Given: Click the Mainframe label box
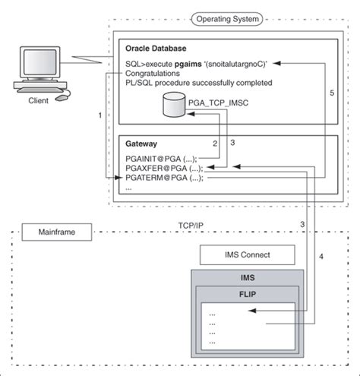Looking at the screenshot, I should coord(46,228).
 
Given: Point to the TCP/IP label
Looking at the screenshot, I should coord(191,226).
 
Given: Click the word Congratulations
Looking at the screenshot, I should coord(153,74).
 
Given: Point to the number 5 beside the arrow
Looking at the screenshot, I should coord(331,92).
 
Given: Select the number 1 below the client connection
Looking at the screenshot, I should coord(99,115).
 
